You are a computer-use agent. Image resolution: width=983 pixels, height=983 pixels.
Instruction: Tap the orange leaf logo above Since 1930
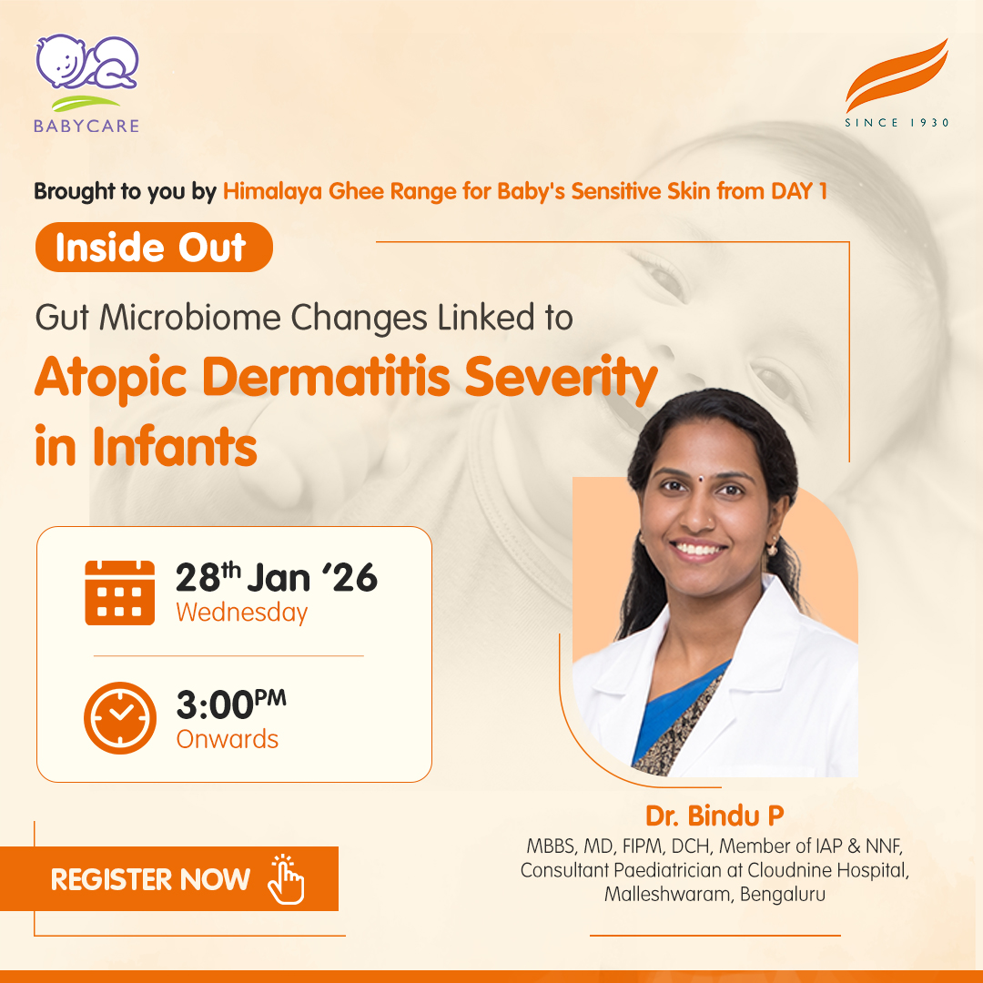point(897,75)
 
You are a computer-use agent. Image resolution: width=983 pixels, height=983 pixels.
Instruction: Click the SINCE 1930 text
point(897,123)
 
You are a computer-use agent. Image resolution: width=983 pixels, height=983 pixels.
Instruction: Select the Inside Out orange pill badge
point(154,247)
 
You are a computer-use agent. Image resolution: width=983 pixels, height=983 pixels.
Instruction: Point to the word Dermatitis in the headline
point(326,378)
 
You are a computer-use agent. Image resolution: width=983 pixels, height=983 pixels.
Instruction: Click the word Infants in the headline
point(175,446)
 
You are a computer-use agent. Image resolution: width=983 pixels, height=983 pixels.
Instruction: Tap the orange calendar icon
point(120,593)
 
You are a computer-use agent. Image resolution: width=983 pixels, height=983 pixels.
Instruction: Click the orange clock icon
point(120,718)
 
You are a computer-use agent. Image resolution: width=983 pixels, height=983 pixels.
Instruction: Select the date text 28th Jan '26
point(277,577)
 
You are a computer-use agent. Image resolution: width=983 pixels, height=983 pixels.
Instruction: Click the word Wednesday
point(242,613)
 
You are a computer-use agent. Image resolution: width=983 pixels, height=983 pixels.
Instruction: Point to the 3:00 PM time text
point(231,704)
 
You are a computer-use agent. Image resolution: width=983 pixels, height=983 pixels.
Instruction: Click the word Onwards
point(228,739)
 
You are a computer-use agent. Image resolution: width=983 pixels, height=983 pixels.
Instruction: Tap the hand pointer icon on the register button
point(286,879)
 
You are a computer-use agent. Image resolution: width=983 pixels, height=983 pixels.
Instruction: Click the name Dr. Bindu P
point(714,816)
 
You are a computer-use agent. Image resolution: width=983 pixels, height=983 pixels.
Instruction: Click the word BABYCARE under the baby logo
point(86,126)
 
